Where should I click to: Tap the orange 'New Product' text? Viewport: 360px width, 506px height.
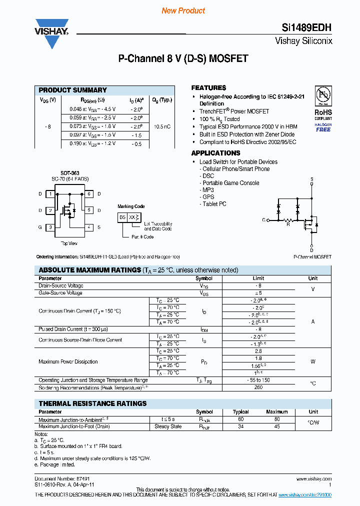coord(183,10)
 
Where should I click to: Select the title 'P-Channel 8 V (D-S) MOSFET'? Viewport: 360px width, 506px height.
coord(183,58)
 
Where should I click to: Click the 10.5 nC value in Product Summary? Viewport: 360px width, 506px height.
coord(162,126)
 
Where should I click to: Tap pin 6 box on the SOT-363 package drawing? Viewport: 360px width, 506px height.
coord(89,193)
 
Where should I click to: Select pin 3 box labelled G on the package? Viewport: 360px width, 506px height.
coord(50,227)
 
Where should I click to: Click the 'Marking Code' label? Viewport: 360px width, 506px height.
coord(131,206)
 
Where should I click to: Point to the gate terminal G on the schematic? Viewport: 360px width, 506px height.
coord(263,219)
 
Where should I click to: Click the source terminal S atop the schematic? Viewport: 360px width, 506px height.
coord(311,179)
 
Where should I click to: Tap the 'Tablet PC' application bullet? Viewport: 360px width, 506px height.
coord(214,204)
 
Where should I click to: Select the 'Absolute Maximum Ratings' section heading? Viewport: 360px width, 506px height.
coord(90,270)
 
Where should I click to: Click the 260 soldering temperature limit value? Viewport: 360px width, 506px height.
coord(258,387)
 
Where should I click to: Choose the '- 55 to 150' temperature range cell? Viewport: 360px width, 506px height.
coord(258,380)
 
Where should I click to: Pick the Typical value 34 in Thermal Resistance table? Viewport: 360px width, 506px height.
coord(240,426)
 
